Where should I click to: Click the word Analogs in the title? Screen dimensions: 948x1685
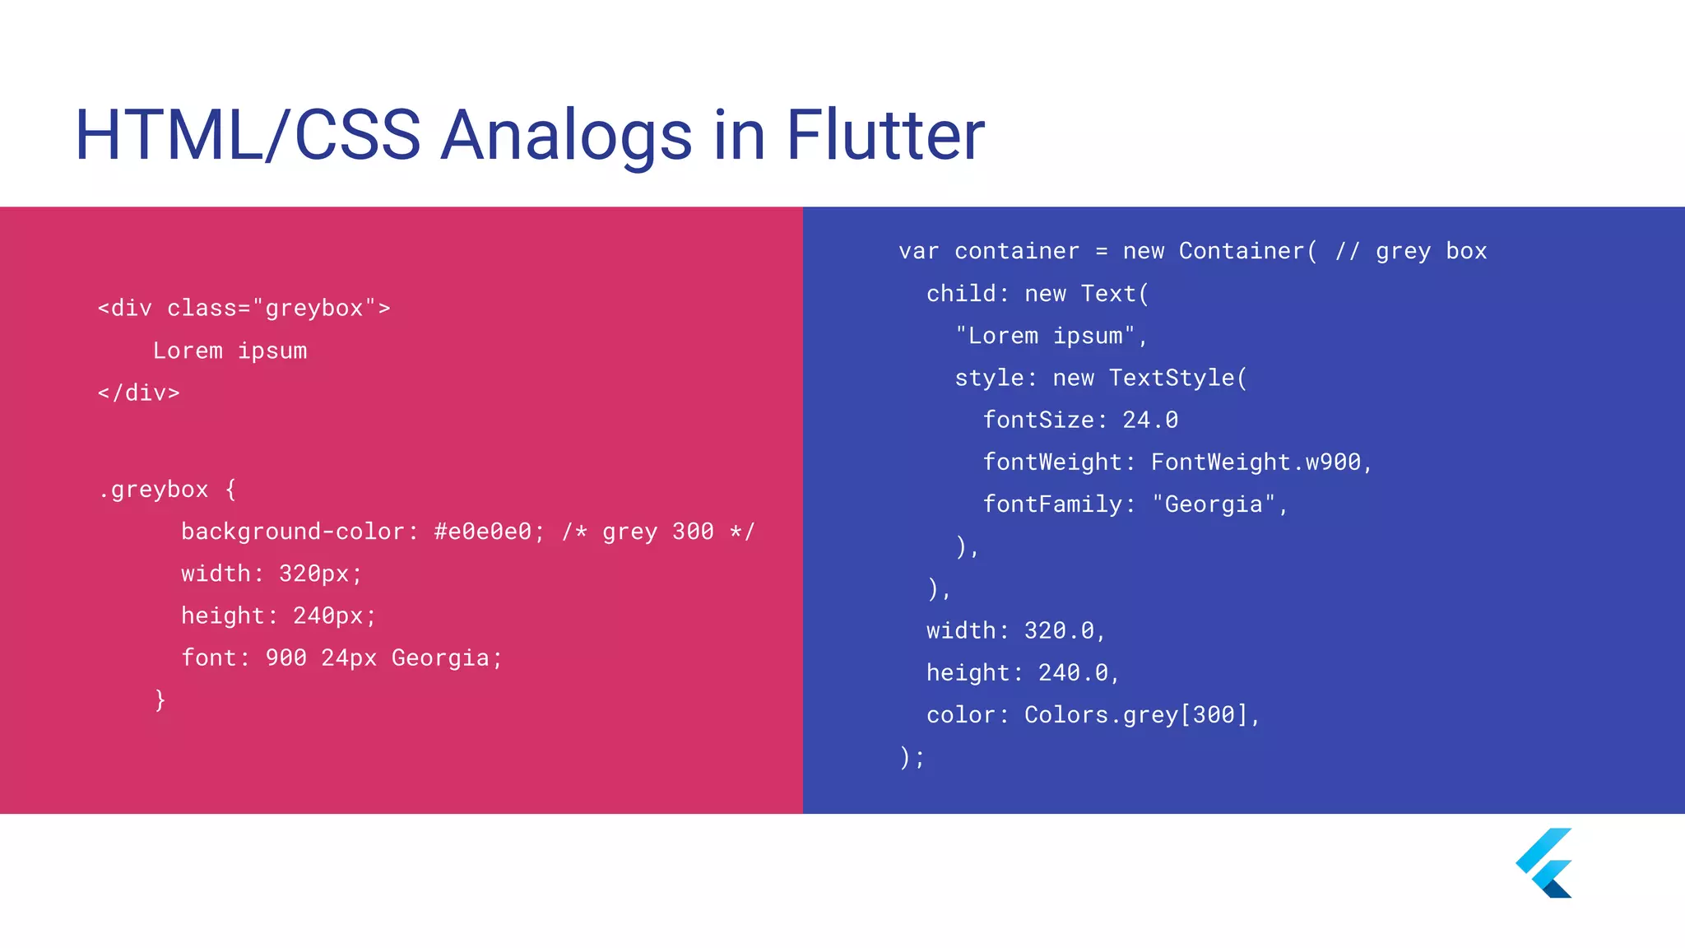pyautogui.click(x=566, y=136)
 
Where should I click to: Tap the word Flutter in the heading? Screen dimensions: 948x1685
pyautogui.click(x=885, y=136)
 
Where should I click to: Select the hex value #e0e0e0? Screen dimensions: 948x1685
pyautogui.click(x=483, y=532)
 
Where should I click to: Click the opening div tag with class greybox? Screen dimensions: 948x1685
pyautogui.click(x=244, y=309)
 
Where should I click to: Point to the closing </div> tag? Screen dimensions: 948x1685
pyautogui.click(x=138, y=393)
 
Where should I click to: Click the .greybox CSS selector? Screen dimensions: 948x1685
pyautogui.click(x=153, y=490)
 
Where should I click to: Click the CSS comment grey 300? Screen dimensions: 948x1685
pyautogui.click(x=658, y=532)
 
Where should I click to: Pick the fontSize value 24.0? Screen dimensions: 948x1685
pyautogui.click(x=1150, y=421)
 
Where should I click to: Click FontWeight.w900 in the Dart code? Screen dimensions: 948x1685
pyautogui.click(x=1256, y=462)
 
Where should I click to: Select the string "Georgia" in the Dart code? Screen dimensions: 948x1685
pyautogui.click(x=1214, y=504)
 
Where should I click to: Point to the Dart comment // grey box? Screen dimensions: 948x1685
pyautogui.click(x=1410, y=252)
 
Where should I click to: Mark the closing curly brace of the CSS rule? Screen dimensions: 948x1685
pyautogui.click(x=160, y=700)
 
